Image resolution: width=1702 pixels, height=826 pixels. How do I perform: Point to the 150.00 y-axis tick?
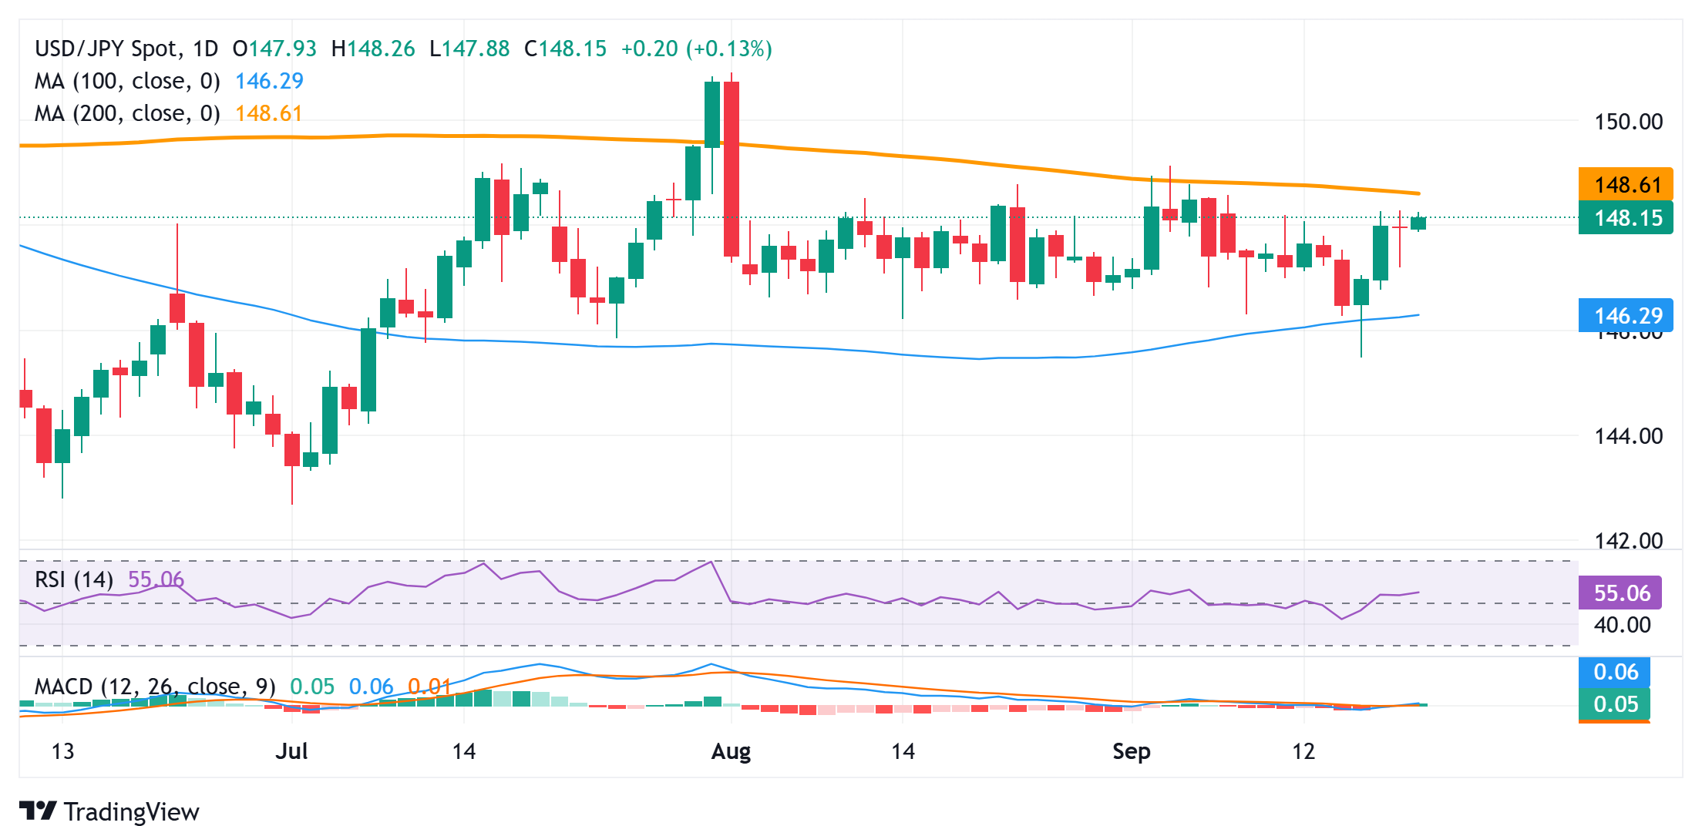tap(1628, 122)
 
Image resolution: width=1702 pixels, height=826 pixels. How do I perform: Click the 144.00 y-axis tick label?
tap(1628, 436)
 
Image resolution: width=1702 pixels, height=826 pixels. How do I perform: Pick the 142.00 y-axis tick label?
tap(1628, 540)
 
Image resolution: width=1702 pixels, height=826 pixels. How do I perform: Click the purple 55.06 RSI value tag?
tap(1621, 593)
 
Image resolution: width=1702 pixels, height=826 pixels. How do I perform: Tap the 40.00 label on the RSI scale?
tap(1622, 625)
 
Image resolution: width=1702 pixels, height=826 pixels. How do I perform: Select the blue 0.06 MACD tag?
tap(1615, 672)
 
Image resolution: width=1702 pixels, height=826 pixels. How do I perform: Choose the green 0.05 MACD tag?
tap(1615, 704)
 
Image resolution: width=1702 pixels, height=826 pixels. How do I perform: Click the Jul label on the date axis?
tap(291, 751)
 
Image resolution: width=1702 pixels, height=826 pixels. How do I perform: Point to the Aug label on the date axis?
tap(731, 751)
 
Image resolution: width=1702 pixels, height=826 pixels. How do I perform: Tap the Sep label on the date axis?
tap(1131, 751)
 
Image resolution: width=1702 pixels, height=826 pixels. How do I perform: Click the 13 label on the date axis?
tap(62, 751)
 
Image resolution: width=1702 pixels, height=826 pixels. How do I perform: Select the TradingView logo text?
tap(131, 811)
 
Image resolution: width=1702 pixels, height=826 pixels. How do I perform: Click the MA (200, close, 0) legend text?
tap(127, 114)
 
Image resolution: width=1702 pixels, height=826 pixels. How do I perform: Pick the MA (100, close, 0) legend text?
tap(127, 81)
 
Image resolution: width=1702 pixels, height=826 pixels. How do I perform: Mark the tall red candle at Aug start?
tap(732, 169)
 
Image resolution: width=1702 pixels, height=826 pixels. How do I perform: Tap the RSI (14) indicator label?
tap(74, 579)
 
